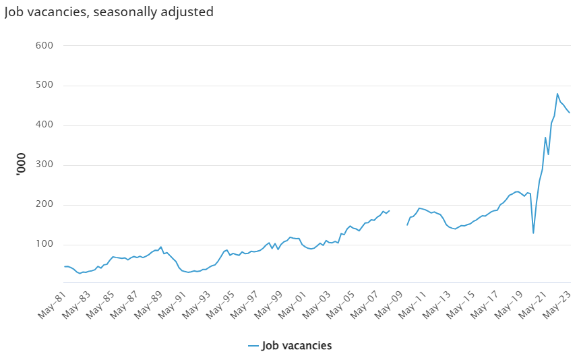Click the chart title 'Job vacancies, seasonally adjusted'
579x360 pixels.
pyautogui.click(x=109, y=12)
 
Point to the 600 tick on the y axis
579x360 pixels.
pyautogui.click(x=44, y=45)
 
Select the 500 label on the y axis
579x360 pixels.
pyautogui.click(x=44, y=85)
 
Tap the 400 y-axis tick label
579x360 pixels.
pyautogui.click(x=44, y=125)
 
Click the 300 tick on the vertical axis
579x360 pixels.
pyautogui.click(x=44, y=164)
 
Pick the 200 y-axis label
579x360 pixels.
pyautogui.click(x=44, y=204)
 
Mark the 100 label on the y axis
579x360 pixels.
pyautogui.click(x=44, y=244)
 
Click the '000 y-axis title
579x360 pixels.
pyautogui.click(x=21, y=164)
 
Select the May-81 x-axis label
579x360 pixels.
pyautogui.click(x=52, y=305)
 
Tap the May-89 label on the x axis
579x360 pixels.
pyautogui.click(x=148, y=305)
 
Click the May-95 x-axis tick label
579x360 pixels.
pyautogui.click(x=220, y=305)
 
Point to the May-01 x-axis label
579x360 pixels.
pyautogui.click(x=292, y=305)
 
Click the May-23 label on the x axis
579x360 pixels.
pyautogui.click(x=556, y=305)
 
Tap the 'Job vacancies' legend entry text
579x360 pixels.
pyautogui.click(x=297, y=346)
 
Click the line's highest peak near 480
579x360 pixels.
pyautogui.click(x=557, y=94)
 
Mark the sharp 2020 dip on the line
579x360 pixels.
pyautogui.click(x=533, y=233)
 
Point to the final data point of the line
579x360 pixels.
pyautogui.click(x=570, y=113)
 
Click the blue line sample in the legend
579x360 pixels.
pyautogui.click(x=253, y=346)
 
